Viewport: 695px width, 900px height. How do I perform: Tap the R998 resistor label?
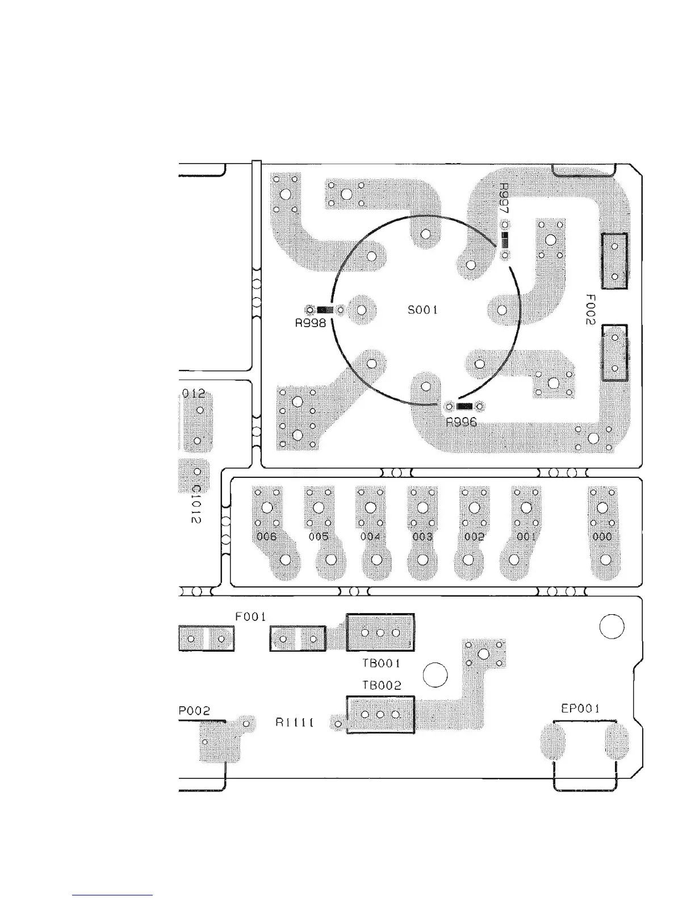click(310, 324)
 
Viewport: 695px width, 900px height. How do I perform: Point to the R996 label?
click(461, 422)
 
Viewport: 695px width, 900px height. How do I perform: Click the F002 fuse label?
click(590, 309)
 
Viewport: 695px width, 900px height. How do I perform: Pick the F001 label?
click(250, 616)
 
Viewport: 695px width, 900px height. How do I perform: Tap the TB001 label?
click(382, 663)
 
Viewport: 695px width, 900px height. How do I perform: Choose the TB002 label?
click(382, 686)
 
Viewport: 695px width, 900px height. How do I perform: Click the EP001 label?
click(580, 709)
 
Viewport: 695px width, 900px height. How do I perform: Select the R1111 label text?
click(295, 723)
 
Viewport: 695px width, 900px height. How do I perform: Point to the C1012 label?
click(195, 505)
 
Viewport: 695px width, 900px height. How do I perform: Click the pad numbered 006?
click(266, 537)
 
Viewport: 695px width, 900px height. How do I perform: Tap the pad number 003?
click(422, 537)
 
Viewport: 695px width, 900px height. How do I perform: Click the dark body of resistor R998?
click(325, 310)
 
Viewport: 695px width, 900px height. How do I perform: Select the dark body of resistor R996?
click(464, 406)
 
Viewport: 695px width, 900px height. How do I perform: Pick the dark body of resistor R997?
click(505, 240)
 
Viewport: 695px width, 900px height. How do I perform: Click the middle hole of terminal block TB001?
click(380, 633)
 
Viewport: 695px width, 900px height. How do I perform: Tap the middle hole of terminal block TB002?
click(380, 715)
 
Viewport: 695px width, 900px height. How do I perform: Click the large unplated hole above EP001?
click(612, 627)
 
